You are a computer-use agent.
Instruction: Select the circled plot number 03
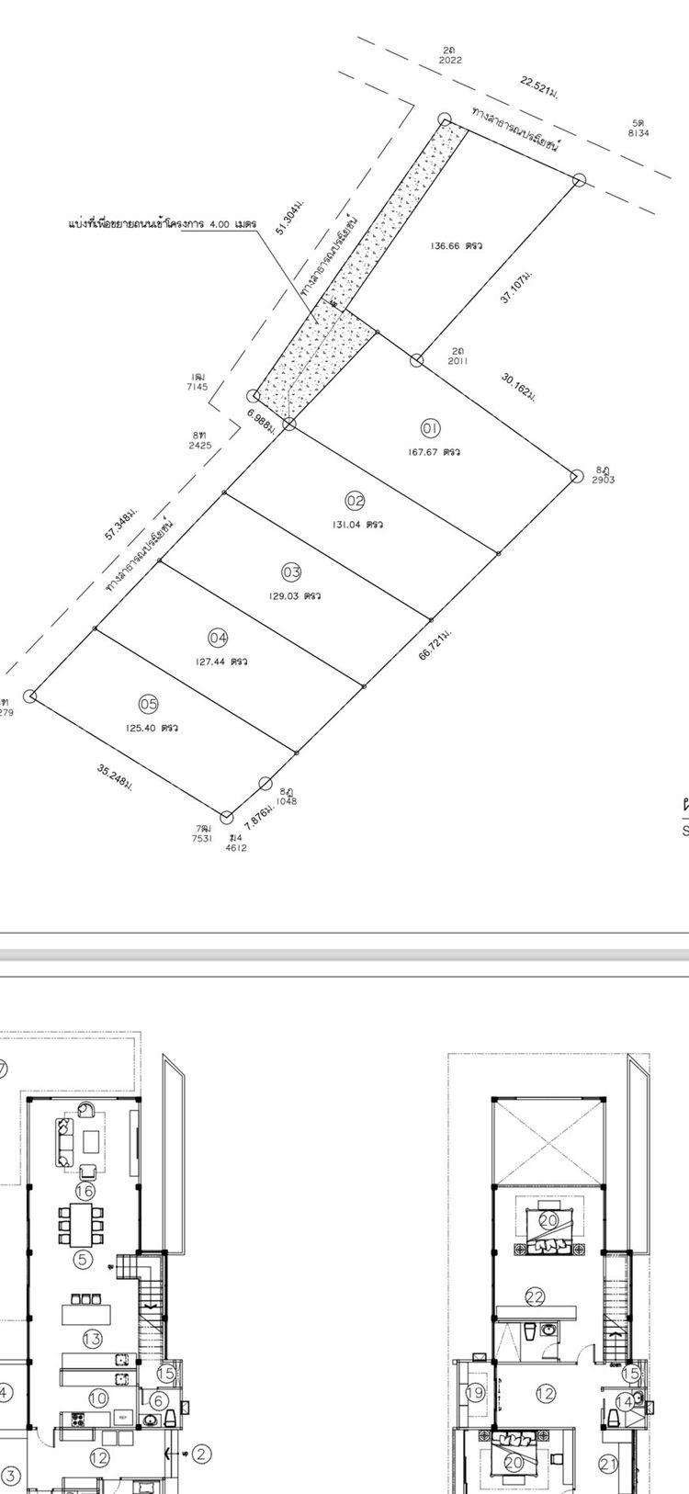click(x=291, y=572)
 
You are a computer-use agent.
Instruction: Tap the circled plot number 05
click(x=148, y=704)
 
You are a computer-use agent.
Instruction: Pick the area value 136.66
click(x=447, y=245)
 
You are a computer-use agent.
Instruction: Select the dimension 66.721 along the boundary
click(x=433, y=648)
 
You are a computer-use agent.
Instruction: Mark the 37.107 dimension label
click(x=517, y=289)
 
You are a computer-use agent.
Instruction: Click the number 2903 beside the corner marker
click(x=604, y=481)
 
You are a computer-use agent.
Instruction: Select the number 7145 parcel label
click(x=197, y=387)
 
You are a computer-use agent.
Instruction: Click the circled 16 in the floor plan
click(x=85, y=1192)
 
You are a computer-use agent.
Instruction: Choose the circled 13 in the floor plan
click(x=93, y=1339)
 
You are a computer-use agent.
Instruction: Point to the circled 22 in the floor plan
click(x=536, y=1296)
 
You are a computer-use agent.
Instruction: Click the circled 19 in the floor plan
click(x=475, y=1393)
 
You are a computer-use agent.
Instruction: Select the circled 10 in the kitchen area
click(x=98, y=1398)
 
